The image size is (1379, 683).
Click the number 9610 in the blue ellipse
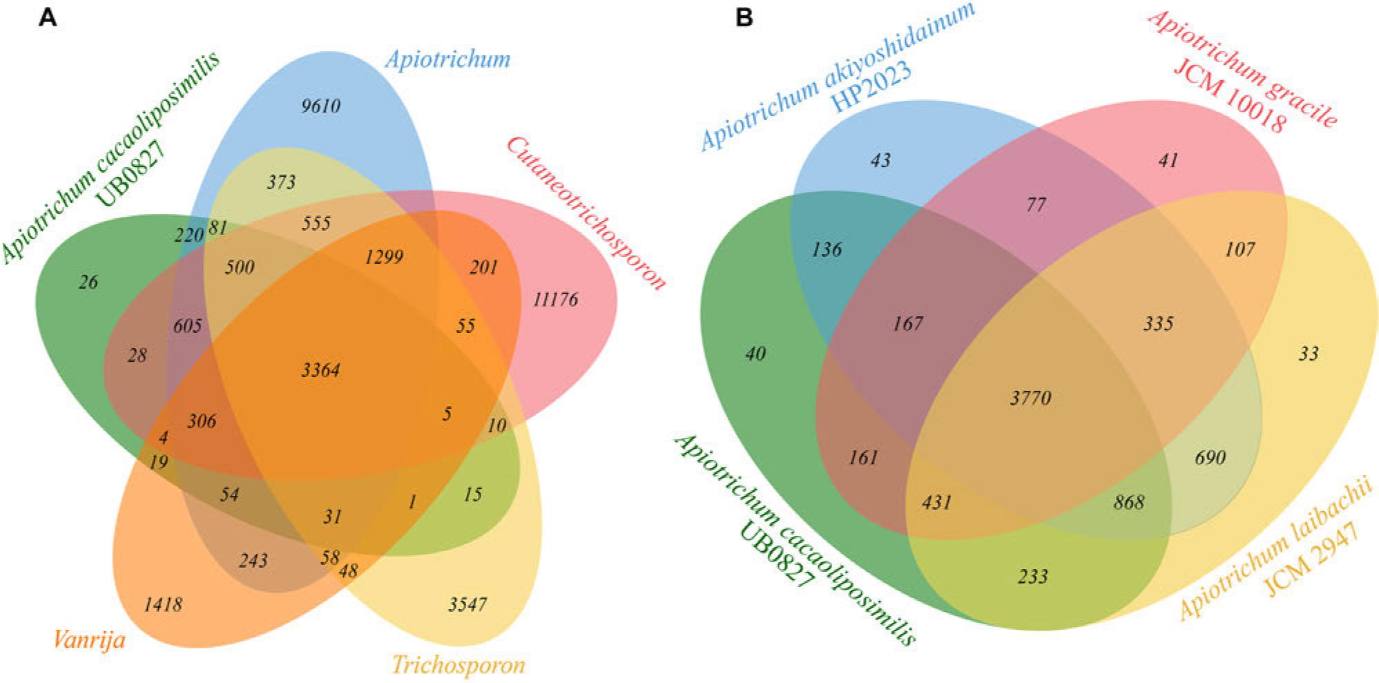[321, 106]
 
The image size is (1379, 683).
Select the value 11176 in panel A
[555, 300]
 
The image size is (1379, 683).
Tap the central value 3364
[320, 370]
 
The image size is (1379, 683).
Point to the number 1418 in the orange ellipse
[163, 605]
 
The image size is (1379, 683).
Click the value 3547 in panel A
[467, 605]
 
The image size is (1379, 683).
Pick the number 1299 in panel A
[384, 257]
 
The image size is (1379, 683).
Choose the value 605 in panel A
[188, 325]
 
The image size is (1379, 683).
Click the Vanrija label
[89, 640]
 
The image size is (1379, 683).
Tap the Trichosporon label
[459, 665]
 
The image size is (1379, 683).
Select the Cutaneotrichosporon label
[586, 213]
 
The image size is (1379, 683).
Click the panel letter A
[47, 17]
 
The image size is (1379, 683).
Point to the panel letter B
[744, 17]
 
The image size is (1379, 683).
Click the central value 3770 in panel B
[1030, 398]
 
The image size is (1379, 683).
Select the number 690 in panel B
[1210, 457]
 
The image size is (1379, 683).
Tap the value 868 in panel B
[1129, 502]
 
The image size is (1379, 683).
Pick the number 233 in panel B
[1033, 576]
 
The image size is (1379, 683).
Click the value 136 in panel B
[827, 249]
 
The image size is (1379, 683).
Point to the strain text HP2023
[871, 87]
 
